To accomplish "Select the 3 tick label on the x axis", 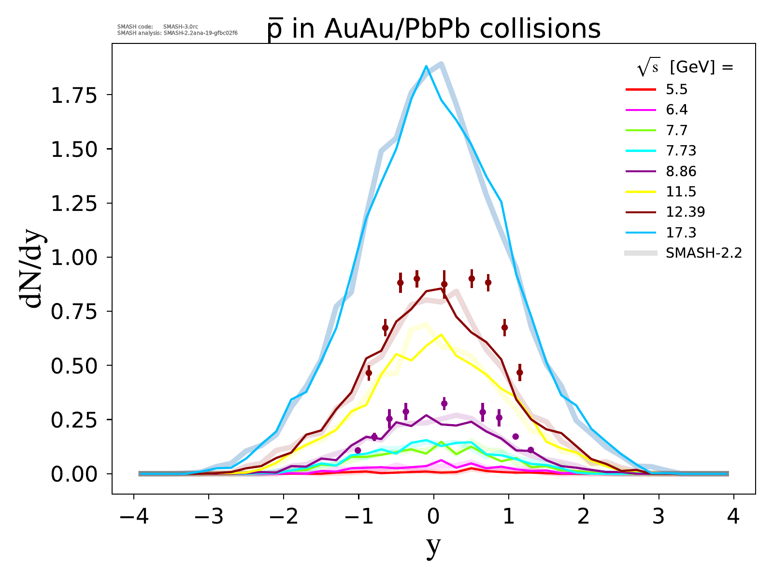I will pos(659,518).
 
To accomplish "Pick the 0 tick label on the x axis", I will pos(434,518).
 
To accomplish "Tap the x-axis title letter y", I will pos(433,547).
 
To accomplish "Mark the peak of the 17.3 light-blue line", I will pos(426,66).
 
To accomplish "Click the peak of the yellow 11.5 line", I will pos(441,334).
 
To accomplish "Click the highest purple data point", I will pos(444,403).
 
